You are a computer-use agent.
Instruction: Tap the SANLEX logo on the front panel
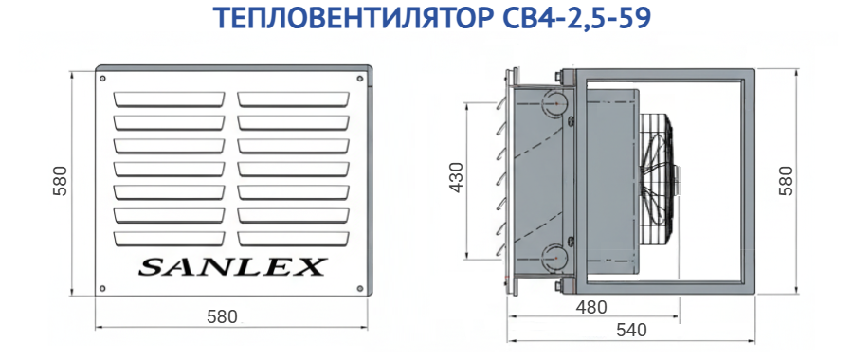point(232,267)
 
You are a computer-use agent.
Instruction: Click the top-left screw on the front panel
point(102,79)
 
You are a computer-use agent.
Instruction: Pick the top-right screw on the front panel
point(359,79)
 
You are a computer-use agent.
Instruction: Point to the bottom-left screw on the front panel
point(102,288)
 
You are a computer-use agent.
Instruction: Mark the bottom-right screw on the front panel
point(359,288)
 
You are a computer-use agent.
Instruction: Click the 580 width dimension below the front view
point(222,317)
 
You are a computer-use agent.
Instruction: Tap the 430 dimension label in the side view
point(457,178)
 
